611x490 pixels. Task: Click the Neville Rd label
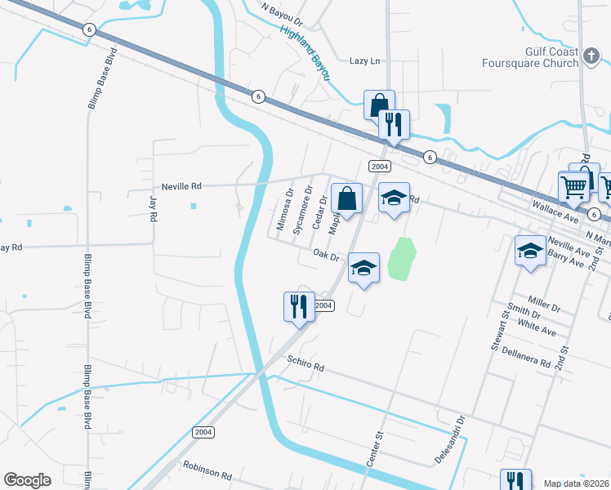pos(158,186)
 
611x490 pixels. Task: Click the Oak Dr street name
pos(324,255)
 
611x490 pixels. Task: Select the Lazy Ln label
pos(365,61)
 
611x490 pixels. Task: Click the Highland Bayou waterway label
pos(304,51)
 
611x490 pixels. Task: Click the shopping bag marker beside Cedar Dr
pos(347,198)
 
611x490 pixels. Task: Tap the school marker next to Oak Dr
pos(364,268)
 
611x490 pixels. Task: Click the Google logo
pos(28,480)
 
